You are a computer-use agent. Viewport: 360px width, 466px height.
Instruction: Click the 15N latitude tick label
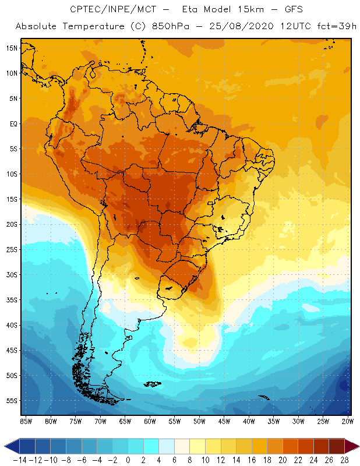point(12,48)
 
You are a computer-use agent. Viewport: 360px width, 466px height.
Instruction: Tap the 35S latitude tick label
point(12,300)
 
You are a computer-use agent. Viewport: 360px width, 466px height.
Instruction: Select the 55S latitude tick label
point(12,401)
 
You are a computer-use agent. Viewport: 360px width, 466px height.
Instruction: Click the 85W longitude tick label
point(26,421)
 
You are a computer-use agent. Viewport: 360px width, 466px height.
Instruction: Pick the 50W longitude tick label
point(200,421)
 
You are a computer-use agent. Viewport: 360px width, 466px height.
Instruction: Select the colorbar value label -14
point(19,460)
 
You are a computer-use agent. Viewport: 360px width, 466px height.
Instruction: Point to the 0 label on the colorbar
point(128,460)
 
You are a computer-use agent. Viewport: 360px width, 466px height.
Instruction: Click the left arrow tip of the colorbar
point(5,446)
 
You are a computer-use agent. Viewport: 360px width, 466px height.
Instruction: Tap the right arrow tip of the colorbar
point(357,446)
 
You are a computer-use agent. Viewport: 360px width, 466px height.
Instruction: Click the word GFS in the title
point(281,10)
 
